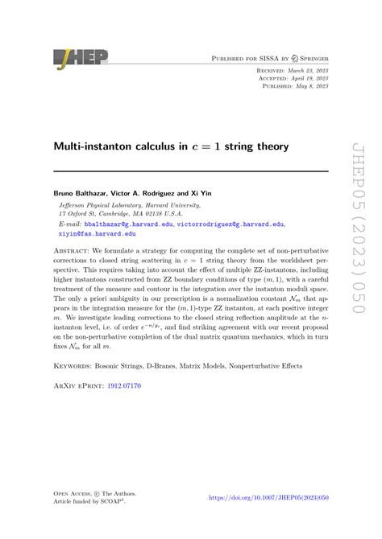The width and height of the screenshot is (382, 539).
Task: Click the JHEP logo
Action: [80, 58]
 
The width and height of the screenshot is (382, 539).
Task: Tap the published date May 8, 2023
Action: [307, 88]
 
